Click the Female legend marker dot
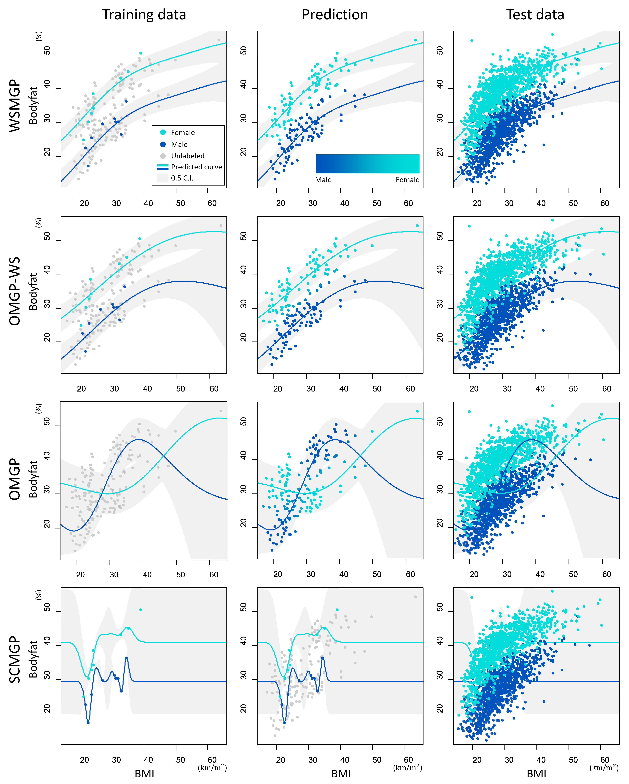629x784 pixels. (163, 132)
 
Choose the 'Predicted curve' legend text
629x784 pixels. (196, 167)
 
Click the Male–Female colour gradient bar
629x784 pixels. (367, 164)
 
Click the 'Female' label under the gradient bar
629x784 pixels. (407, 180)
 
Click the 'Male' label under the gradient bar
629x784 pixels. (323, 180)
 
